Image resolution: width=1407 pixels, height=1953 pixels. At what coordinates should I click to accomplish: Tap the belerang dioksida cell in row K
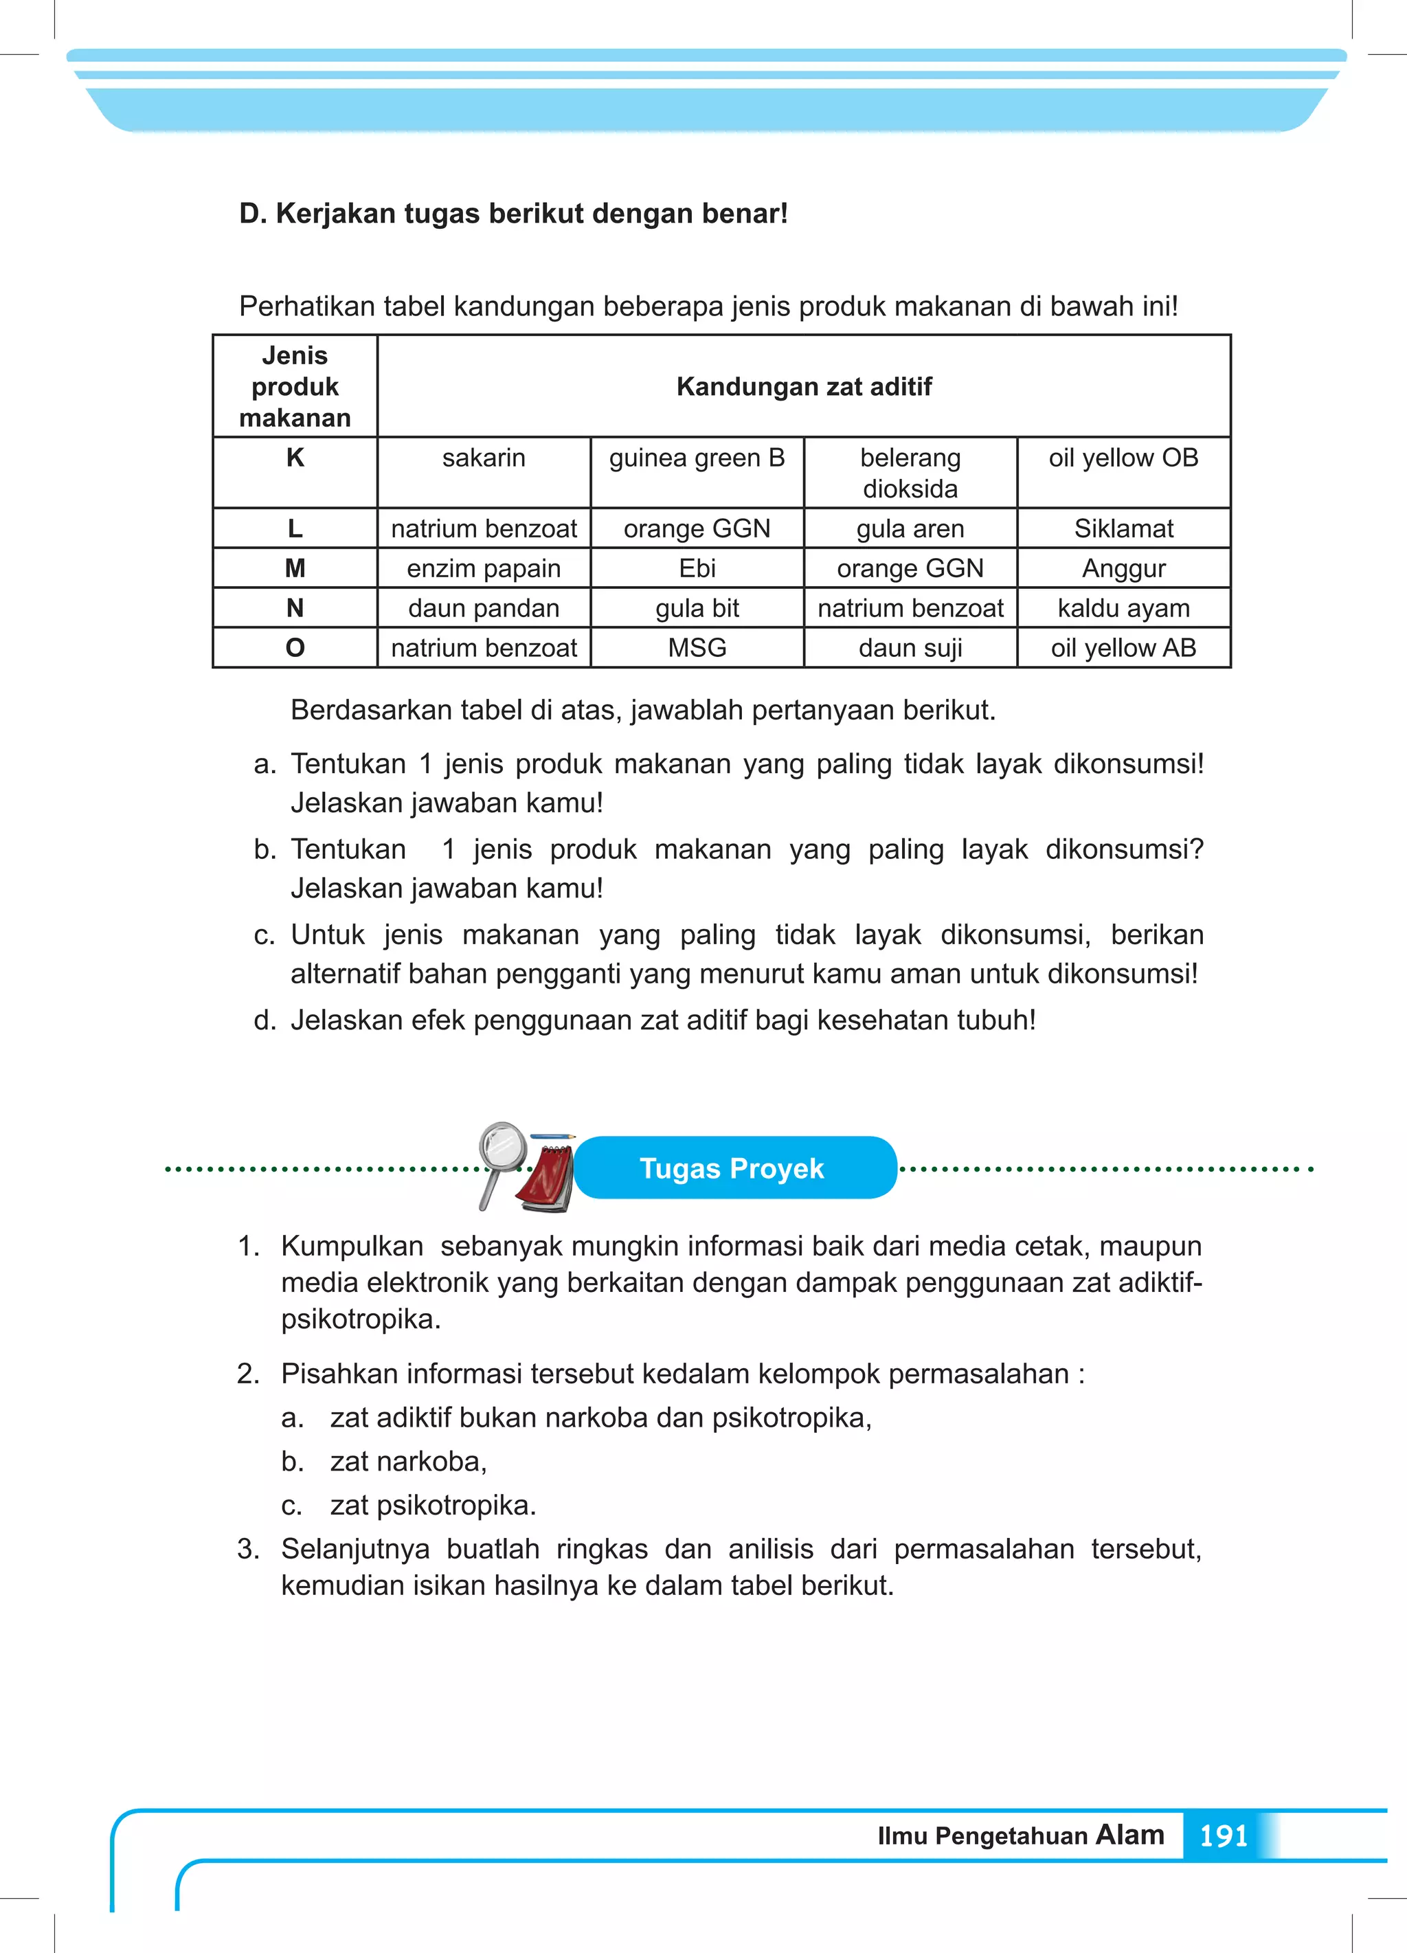(x=910, y=473)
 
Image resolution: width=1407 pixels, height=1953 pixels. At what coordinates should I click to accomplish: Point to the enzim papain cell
(x=483, y=568)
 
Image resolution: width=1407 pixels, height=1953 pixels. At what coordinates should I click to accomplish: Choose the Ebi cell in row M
(x=697, y=568)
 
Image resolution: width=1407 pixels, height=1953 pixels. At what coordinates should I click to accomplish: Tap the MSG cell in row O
(x=697, y=647)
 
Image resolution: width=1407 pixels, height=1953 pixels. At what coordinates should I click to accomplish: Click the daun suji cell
(x=910, y=647)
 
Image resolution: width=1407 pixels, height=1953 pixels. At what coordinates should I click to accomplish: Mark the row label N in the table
(x=295, y=608)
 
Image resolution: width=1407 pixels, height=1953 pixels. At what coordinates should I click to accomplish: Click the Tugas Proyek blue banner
(x=734, y=1168)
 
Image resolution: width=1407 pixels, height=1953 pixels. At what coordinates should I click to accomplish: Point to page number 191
(x=1223, y=1836)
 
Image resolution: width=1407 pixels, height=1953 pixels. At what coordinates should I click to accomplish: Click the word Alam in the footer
(x=1129, y=1834)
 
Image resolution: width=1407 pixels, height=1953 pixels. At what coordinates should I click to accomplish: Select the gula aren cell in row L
(x=910, y=528)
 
